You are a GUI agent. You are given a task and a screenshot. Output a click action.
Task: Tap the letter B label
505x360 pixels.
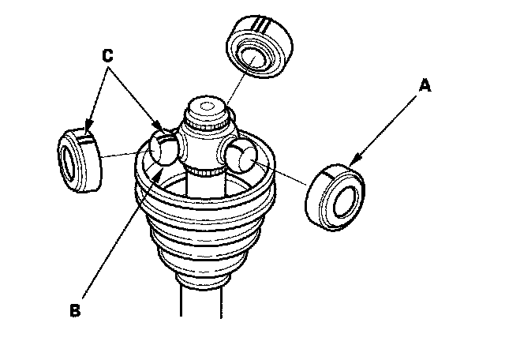tap(76, 311)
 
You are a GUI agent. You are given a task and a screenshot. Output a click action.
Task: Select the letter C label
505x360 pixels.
tap(110, 56)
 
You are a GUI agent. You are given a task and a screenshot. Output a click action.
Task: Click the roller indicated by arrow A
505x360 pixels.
tap(335, 195)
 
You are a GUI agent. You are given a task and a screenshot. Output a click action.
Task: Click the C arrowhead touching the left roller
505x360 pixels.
tap(87, 129)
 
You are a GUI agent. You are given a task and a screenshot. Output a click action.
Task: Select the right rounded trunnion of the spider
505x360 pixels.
tap(241, 156)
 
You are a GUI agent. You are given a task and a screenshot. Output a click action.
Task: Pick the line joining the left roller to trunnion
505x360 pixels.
tap(126, 153)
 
